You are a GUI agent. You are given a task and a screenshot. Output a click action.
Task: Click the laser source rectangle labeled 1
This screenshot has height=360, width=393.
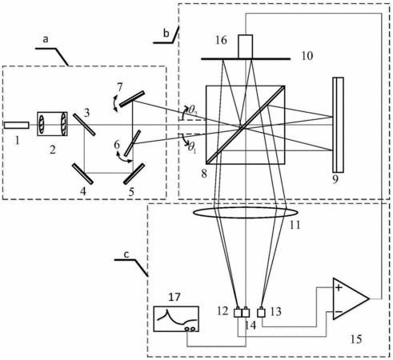[x=17, y=125]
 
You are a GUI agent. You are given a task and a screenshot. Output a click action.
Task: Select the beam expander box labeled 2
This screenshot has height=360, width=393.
[x=52, y=124]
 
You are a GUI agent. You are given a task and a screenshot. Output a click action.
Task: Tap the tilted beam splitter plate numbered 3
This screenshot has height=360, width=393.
[x=84, y=125]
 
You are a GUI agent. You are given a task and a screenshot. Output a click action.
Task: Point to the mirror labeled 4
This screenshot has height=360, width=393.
[x=82, y=174]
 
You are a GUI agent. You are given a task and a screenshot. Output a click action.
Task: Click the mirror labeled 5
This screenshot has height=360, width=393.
[x=134, y=174]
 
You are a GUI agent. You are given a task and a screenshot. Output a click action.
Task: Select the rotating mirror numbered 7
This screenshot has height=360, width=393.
[x=132, y=99]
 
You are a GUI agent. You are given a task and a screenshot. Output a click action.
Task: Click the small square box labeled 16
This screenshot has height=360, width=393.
[x=246, y=46]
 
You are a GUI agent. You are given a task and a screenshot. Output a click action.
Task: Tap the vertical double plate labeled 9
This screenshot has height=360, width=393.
[x=338, y=125]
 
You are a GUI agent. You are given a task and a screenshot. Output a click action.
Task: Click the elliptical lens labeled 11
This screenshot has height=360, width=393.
[x=246, y=213]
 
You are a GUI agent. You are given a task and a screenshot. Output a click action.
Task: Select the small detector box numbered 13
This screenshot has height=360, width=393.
[x=261, y=312]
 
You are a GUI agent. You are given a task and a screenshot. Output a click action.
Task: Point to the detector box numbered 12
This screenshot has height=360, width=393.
[x=238, y=312]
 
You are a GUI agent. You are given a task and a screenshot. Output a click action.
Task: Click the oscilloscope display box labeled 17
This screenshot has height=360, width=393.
[x=176, y=319]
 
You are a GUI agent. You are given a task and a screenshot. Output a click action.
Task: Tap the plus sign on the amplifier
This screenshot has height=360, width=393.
[x=339, y=288]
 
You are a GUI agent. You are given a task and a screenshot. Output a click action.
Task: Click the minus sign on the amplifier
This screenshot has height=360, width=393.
[x=339, y=312]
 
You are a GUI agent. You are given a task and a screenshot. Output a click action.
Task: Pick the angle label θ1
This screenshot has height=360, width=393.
[x=192, y=147]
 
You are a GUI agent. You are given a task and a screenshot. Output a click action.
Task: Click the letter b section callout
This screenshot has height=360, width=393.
[x=166, y=34]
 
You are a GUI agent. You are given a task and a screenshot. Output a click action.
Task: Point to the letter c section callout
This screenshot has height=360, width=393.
[x=126, y=254]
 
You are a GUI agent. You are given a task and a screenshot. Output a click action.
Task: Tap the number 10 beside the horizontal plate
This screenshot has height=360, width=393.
[x=307, y=56]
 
